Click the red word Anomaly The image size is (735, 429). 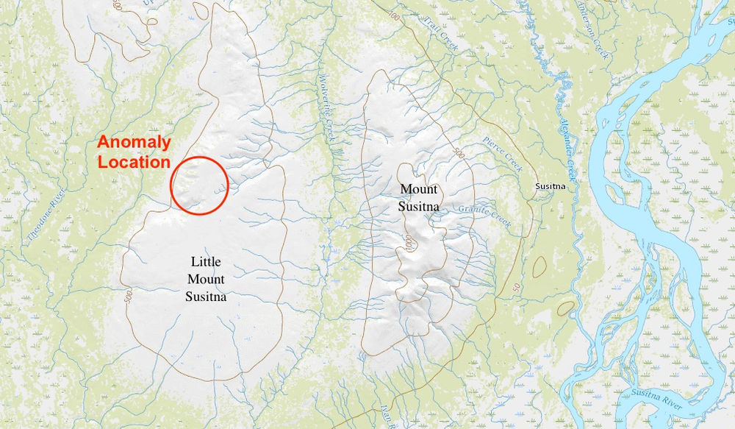click(135, 143)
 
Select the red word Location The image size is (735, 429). click(135, 161)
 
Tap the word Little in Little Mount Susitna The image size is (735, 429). click(206, 261)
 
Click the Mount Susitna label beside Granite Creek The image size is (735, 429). click(419, 197)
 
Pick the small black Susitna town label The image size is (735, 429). click(550, 186)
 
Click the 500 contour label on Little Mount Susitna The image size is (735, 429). click(128, 298)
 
